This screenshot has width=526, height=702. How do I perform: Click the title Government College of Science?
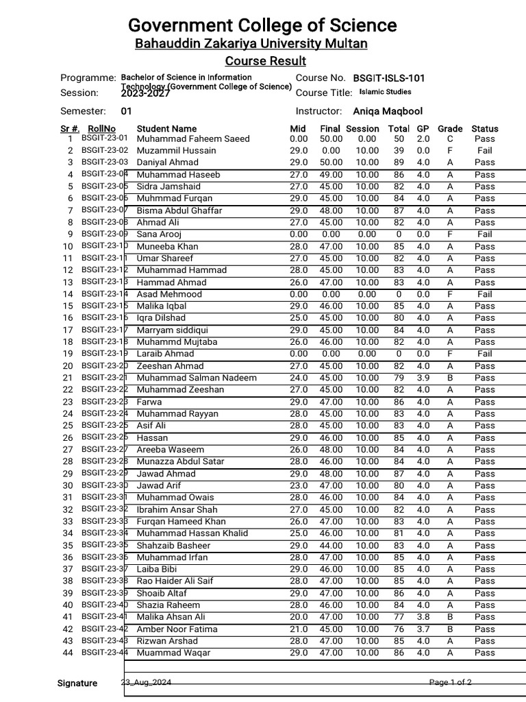point(262,25)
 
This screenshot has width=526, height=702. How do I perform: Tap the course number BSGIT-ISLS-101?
point(388,78)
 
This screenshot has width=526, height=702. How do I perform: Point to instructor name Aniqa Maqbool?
point(388,111)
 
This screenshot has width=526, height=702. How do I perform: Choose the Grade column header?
point(450,128)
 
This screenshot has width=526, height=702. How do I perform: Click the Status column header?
point(485,128)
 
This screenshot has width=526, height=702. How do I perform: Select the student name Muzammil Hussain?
point(176,150)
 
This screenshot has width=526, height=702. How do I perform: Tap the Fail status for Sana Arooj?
point(485,234)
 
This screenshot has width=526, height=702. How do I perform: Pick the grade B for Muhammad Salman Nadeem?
point(450,378)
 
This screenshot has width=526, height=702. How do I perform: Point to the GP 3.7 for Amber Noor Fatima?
point(423,629)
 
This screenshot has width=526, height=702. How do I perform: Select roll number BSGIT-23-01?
point(104,138)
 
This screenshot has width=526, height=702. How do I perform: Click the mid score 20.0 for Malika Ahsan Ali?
point(299,617)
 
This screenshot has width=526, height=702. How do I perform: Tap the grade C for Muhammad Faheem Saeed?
point(450,138)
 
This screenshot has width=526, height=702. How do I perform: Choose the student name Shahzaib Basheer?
point(173,546)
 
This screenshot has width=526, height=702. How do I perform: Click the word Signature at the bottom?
point(77,683)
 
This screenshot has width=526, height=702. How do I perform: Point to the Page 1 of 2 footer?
point(450,683)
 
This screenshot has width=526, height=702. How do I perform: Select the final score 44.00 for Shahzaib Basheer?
point(331,546)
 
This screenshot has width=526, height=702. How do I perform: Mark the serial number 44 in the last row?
point(68,653)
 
